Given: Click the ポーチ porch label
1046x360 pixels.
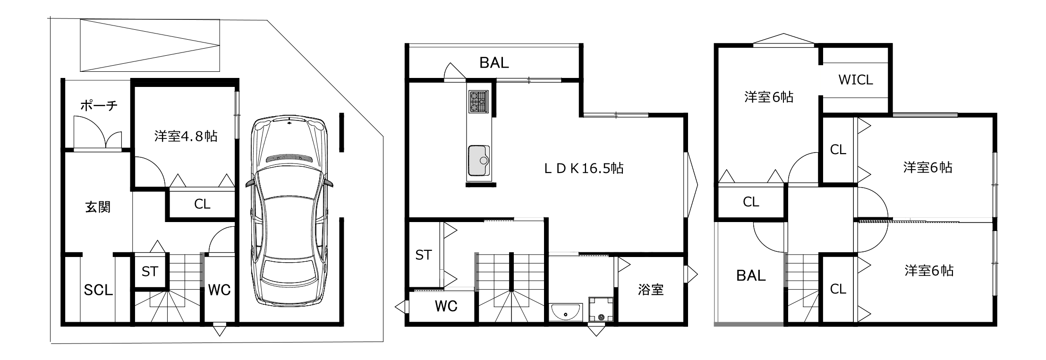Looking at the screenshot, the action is tap(98, 105).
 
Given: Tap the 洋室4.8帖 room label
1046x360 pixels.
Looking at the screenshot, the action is tap(186, 137).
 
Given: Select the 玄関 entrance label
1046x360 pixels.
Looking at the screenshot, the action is tap(98, 207).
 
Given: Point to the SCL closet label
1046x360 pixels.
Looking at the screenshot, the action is tap(98, 290).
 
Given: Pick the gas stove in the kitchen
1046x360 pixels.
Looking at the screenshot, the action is tap(478, 102).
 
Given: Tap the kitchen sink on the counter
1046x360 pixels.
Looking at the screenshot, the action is tap(478, 160).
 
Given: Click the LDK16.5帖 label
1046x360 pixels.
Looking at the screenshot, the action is tap(584, 168).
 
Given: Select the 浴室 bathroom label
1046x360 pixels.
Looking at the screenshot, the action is tap(651, 290).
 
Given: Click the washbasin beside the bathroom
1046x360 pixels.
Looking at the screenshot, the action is tap(566, 312).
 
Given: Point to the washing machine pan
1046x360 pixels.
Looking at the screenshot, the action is tap(601, 309).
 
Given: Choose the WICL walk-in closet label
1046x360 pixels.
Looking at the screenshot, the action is tap(855, 80).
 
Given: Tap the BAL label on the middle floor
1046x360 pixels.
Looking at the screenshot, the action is tap(494, 63).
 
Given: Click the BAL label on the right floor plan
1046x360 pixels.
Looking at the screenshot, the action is tap(751, 275).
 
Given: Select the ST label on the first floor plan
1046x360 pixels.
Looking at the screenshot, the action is tap(150, 272).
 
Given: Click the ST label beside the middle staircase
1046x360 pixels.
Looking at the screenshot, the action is tap(423, 255).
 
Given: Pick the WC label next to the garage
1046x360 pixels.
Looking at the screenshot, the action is tap(219, 290).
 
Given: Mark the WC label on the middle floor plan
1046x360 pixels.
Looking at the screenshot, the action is tap(446, 307).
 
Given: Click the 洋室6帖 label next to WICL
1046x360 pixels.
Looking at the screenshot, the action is tap(769, 97).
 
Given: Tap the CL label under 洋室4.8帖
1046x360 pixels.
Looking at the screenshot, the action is tap(202, 204).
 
